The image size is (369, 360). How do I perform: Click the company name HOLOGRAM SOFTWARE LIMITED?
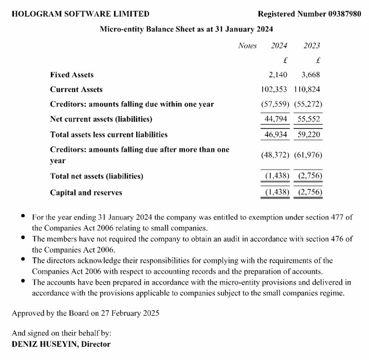tap(81, 14)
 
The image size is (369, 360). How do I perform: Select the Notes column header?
tap(247, 46)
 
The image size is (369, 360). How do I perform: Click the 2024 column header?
tap(279, 46)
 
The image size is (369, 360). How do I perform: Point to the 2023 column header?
tap(312, 46)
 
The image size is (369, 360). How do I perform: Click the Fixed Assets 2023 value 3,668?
tap(311, 75)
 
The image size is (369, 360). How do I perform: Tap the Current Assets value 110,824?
tap(308, 89)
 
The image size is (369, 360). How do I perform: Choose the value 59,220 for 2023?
tap(310, 135)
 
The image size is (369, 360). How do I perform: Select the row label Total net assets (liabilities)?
tap(97, 176)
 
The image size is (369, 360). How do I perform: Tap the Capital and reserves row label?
tap(86, 193)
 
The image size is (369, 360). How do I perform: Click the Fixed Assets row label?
tap(72, 75)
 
